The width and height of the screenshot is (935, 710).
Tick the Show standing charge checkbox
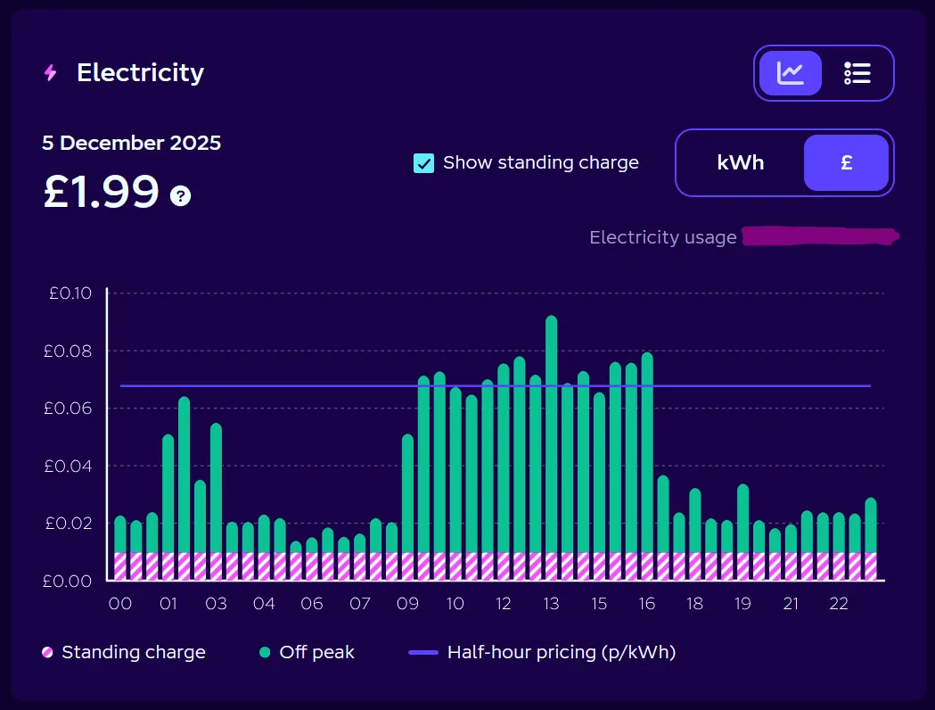point(424,163)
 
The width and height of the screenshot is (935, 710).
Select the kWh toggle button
point(740,163)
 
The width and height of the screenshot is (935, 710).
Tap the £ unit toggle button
point(846,163)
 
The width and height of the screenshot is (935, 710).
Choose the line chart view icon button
point(791,73)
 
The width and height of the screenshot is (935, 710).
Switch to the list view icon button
point(857,73)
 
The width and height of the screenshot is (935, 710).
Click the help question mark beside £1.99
point(181,195)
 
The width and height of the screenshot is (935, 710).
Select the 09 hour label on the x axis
point(408,604)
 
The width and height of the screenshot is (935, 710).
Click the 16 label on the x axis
point(647,604)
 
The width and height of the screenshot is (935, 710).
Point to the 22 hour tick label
point(839,604)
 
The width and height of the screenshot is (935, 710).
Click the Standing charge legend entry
point(124,652)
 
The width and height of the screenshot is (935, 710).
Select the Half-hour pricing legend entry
point(542,652)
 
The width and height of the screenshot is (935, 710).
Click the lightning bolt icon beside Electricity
point(51,73)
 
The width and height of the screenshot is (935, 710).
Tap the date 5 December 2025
point(132,143)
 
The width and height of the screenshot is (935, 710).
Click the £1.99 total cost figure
point(102,192)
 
